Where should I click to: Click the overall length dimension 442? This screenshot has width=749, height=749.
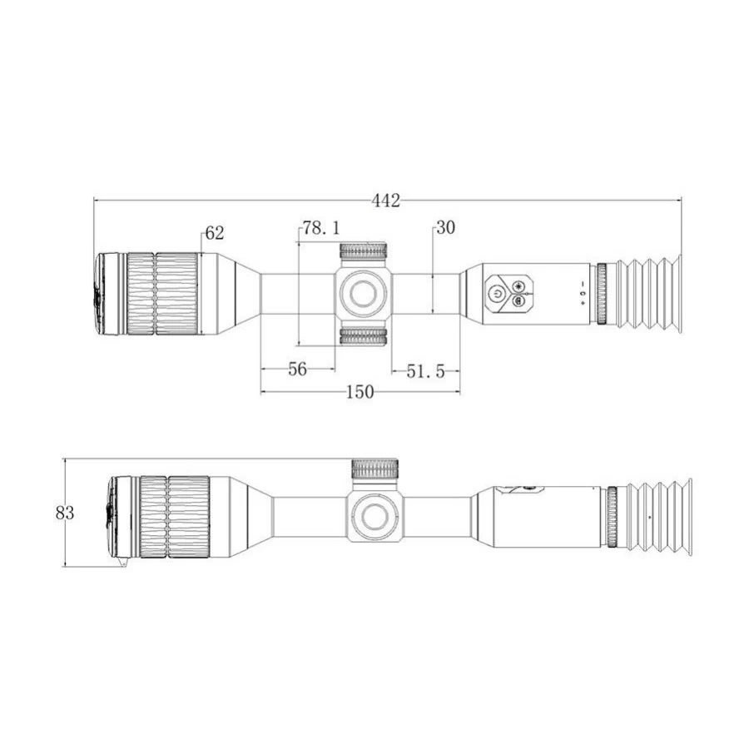click(x=386, y=201)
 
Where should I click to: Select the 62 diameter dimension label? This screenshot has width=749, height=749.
click(x=215, y=233)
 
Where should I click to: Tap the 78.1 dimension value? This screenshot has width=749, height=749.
click(x=321, y=228)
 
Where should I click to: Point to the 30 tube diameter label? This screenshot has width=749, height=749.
click(x=446, y=228)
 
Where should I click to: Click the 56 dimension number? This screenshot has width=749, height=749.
click(x=297, y=370)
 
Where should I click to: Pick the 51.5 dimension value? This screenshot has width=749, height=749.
click(x=425, y=371)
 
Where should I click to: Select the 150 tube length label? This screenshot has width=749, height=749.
click(x=360, y=392)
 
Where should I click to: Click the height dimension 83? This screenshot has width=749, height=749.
click(x=65, y=513)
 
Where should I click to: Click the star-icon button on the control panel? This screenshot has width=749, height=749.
click(x=518, y=286)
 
